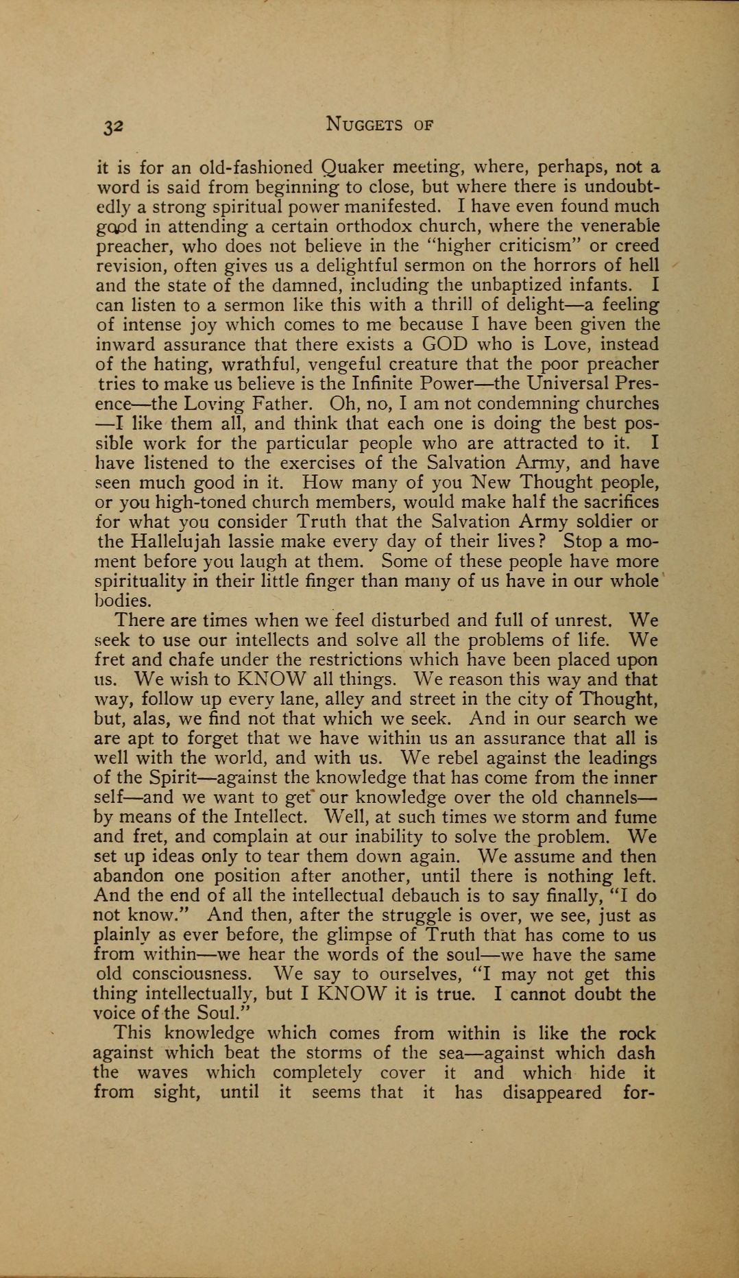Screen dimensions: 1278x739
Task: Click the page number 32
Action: coord(112,125)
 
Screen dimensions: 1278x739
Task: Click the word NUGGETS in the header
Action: coord(364,124)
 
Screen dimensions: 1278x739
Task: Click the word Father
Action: coord(278,403)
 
